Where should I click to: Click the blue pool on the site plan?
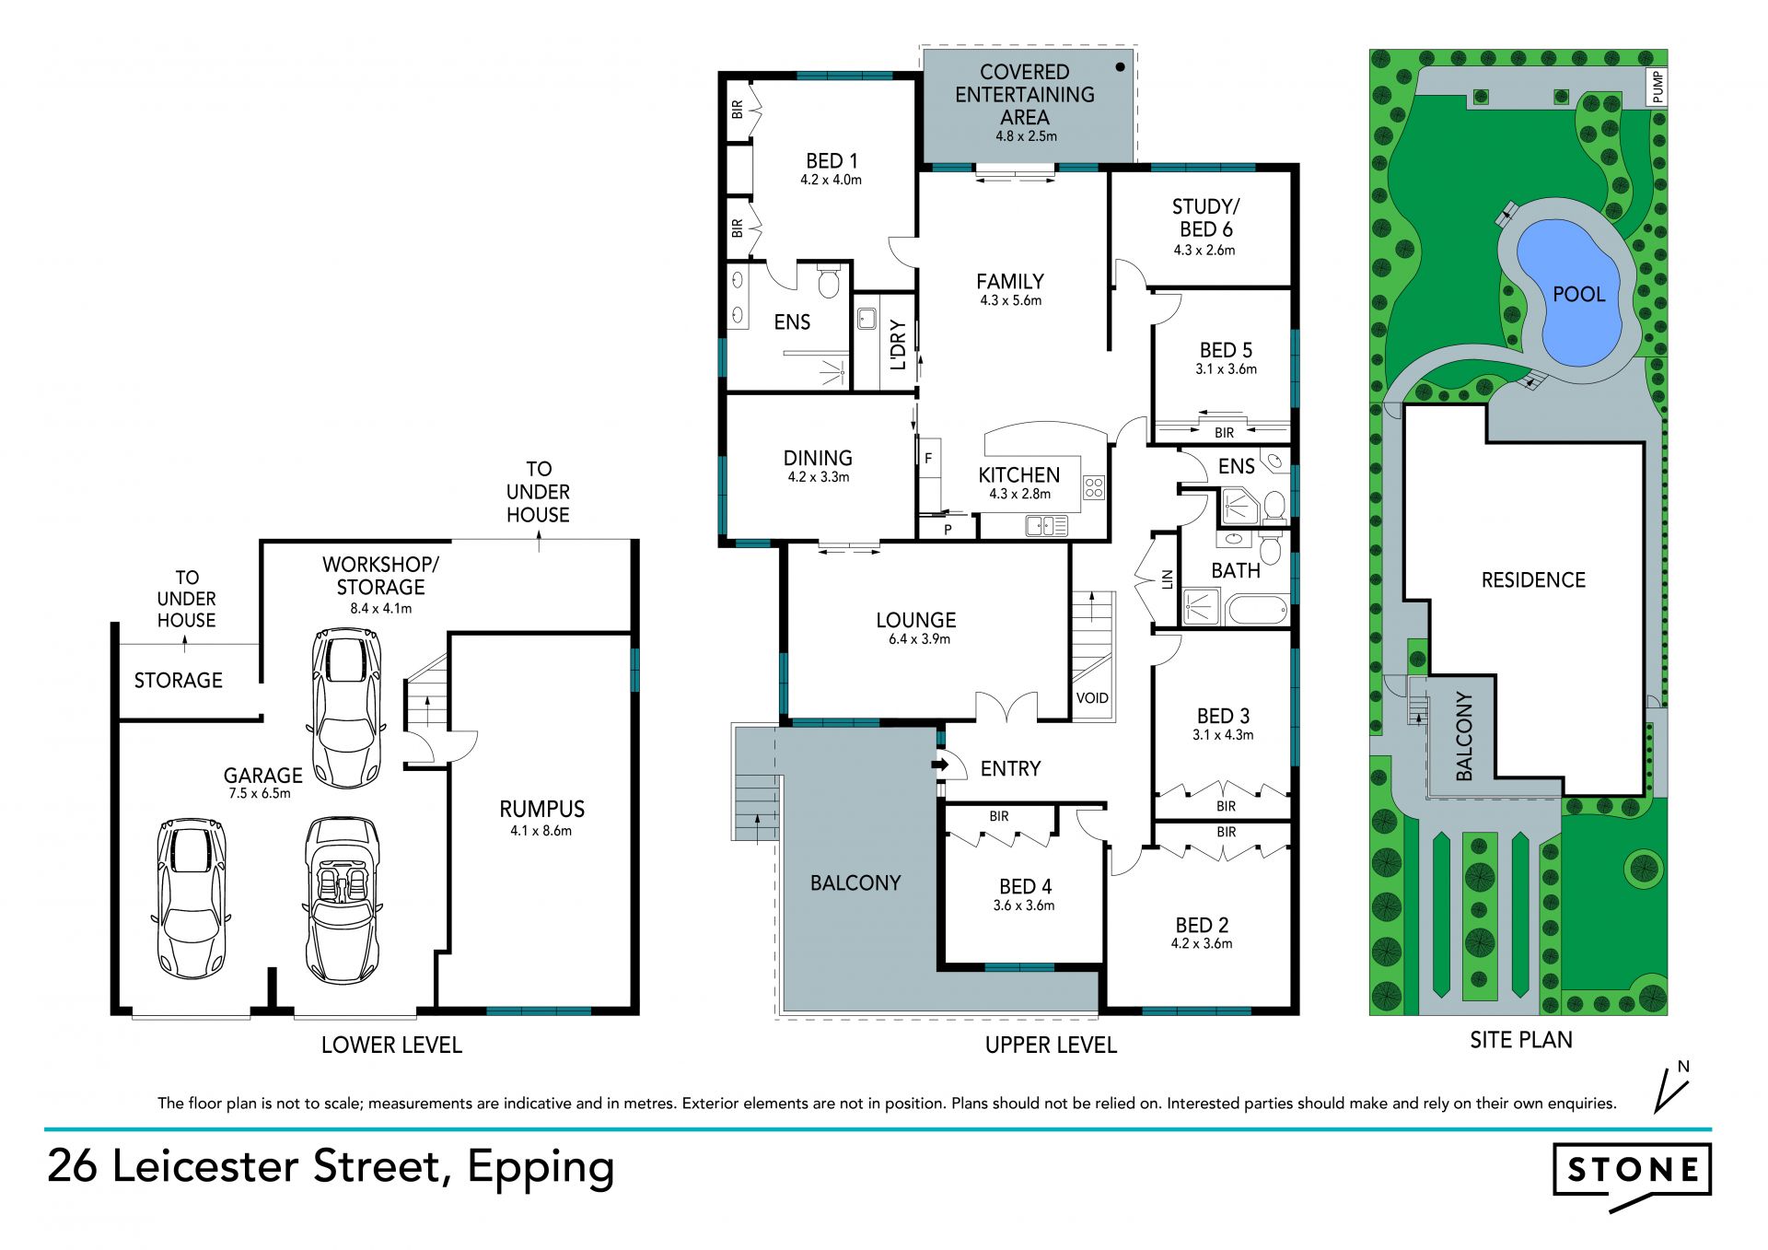point(1569,293)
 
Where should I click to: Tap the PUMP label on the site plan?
point(1658,87)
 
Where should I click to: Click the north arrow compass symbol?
point(1672,1087)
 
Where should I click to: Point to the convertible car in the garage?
point(342,900)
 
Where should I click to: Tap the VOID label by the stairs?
point(1092,698)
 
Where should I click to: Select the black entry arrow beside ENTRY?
point(940,765)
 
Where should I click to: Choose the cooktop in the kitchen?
point(1093,487)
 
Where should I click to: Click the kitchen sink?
point(1047,526)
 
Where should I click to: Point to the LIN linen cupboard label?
point(1168,579)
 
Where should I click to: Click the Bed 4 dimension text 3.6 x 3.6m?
point(1024,905)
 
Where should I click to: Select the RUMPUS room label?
point(541,809)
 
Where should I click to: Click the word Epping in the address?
point(541,1167)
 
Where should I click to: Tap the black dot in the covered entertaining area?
point(1121,66)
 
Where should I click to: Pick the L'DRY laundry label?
point(899,345)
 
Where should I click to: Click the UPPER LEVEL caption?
point(1051,1045)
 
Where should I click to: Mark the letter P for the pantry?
point(948,530)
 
